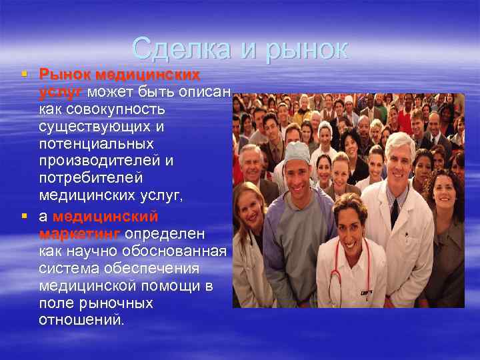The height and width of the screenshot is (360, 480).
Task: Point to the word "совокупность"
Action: (103, 108)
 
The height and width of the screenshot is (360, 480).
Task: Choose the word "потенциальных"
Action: (96, 144)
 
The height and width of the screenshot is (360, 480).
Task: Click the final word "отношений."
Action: (81, 321)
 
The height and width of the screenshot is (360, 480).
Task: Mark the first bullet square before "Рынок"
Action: (25, 73)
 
